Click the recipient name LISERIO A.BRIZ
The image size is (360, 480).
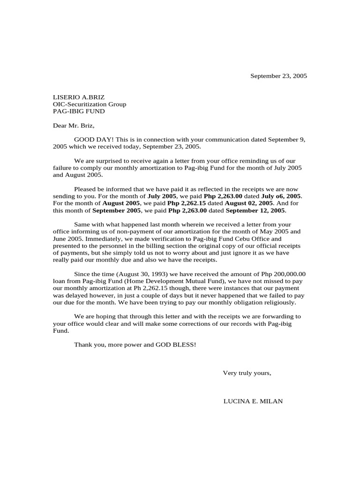(x=78, y=97)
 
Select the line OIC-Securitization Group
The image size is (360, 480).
(x=89, y=104)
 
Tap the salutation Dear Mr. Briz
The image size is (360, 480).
(x=74, y=125)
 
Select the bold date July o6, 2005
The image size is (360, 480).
(x=281, y=196)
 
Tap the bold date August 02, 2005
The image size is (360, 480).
(x=249, y=203)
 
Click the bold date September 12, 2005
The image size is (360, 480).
(x=255, y=210)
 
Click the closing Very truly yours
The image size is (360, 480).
(x=247, y=373)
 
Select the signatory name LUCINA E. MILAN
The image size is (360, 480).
(x=253, y=401)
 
